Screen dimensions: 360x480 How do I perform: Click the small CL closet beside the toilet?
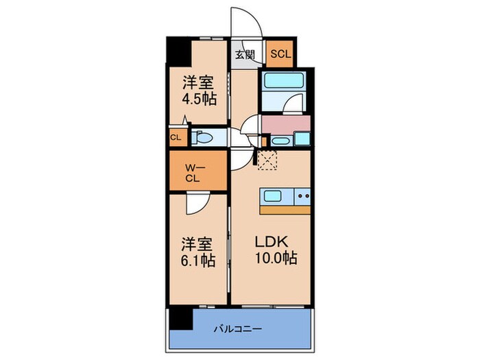coord(176,136)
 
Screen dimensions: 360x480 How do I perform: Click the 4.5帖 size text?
coord(200,99)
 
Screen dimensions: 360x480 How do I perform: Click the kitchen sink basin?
coord(272,197)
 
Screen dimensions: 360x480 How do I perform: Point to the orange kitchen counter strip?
coord(285,209)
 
